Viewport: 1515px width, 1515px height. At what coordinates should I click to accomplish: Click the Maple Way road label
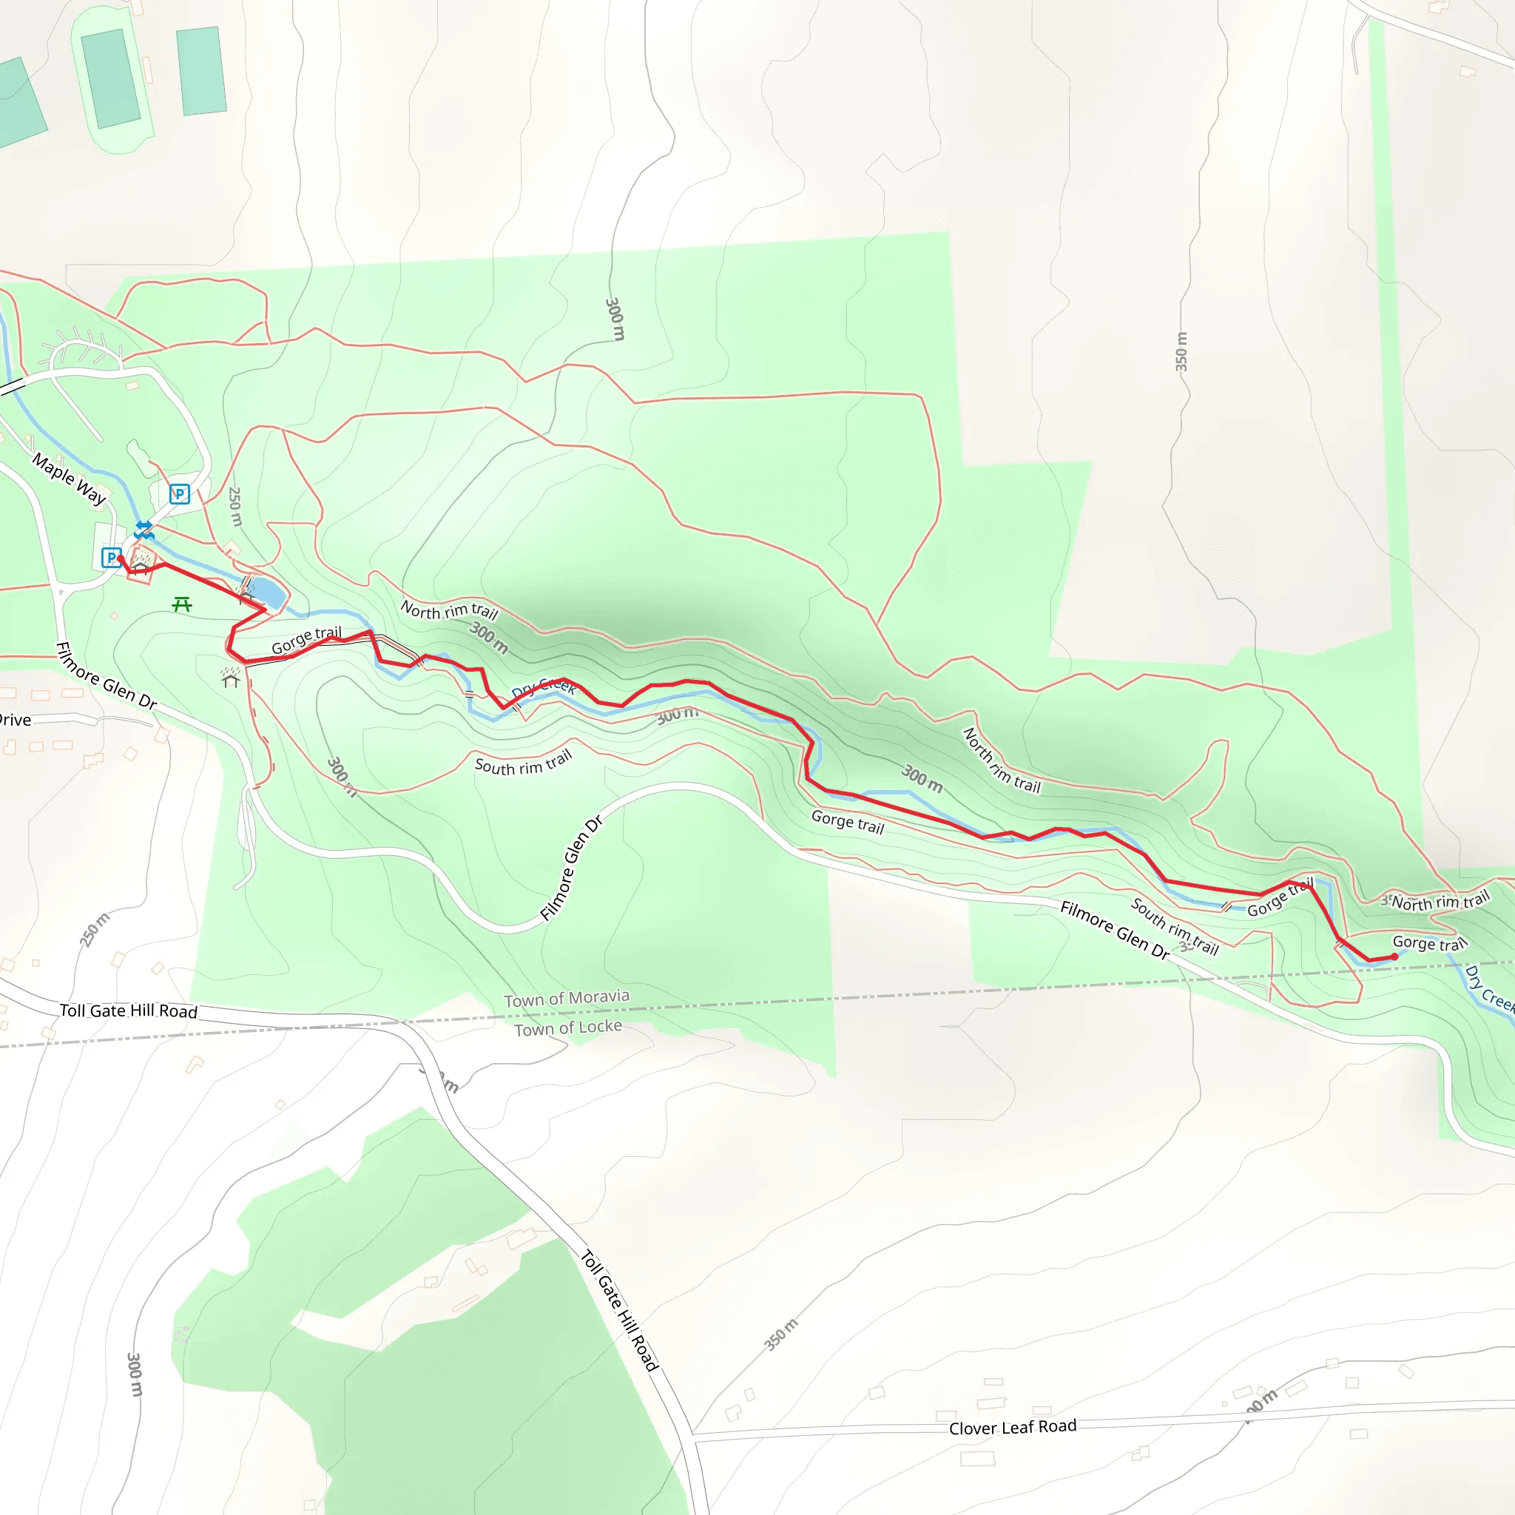click(69, 478)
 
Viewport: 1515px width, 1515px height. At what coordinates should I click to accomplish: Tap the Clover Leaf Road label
click(1013, 1427)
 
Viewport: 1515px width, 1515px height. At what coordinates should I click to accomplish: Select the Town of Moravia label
click(566, 998)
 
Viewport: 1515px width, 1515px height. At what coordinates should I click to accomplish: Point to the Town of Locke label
click(567, 1028)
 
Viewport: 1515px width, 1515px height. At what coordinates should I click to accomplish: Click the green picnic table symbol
click(182, 604)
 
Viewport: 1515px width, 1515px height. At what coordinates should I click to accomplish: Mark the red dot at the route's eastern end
click(1394, 956)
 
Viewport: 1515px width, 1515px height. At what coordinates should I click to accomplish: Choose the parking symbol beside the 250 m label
click(180, 494)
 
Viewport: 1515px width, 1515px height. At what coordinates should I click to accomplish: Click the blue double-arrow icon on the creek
click(144, 530)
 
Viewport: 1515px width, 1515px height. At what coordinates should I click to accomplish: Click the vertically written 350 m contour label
click(1181, 351)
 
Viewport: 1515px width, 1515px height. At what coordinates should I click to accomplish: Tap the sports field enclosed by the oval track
click(110, 78)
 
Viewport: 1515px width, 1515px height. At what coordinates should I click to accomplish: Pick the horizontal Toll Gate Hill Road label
click(129, 1010)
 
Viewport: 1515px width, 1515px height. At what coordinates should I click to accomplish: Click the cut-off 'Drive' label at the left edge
click(15, 720)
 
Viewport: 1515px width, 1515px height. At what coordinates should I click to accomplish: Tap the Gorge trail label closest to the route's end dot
click(1428, 943)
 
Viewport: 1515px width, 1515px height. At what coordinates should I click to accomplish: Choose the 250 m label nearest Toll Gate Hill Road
click(94, 929)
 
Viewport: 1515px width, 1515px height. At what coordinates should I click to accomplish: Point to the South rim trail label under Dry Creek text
click(523, 763)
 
